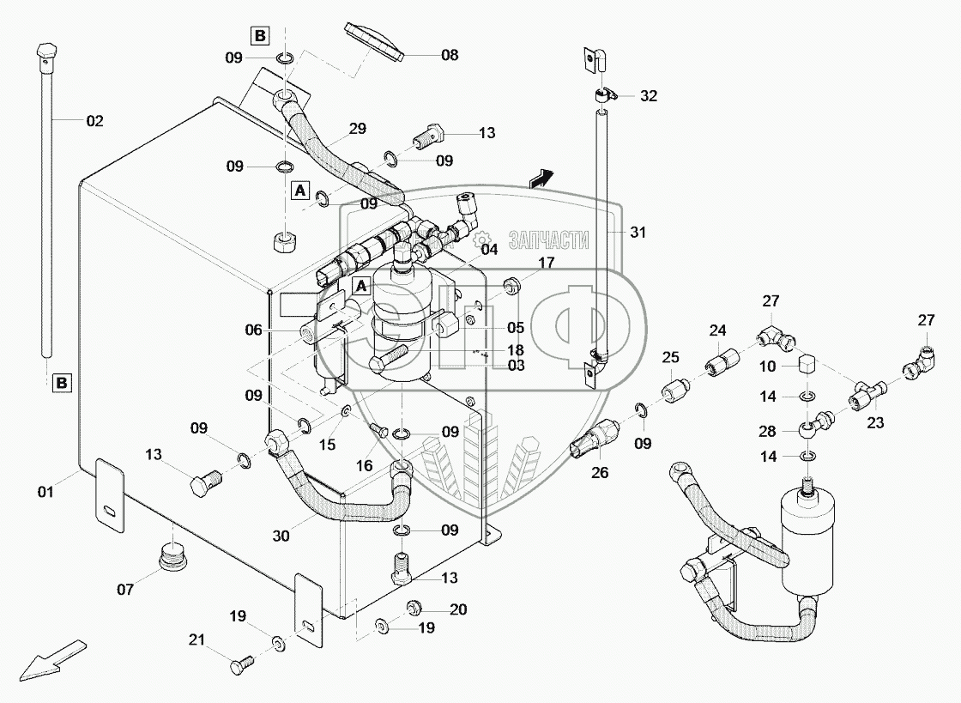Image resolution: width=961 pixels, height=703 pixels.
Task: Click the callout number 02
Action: coord(95,121)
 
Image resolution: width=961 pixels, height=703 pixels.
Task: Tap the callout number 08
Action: coord(450,55)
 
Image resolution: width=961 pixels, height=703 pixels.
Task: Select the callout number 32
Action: coord(649,95)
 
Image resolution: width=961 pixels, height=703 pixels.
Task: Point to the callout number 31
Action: coord(638,233)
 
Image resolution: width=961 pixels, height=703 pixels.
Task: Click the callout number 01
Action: coord(46,492)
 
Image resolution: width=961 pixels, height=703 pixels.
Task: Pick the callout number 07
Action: coord(125,590)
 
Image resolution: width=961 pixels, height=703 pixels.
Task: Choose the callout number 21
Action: coord(196,639)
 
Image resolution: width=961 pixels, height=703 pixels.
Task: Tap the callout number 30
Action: coord(281,536)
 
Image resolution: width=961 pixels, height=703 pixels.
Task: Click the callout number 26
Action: coord(600,473)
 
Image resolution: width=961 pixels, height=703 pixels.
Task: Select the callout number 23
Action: coord(875,422)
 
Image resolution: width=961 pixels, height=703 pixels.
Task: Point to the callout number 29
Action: coord(357,129)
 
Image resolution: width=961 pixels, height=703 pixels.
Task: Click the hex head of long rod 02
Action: coord(45,54)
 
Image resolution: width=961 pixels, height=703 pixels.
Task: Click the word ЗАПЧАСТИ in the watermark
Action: coord(549,240)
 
